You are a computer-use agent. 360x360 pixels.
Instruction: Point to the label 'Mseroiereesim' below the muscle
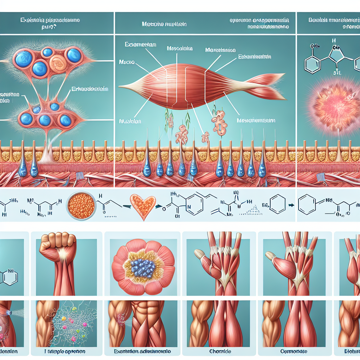click(x=256, y=120)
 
